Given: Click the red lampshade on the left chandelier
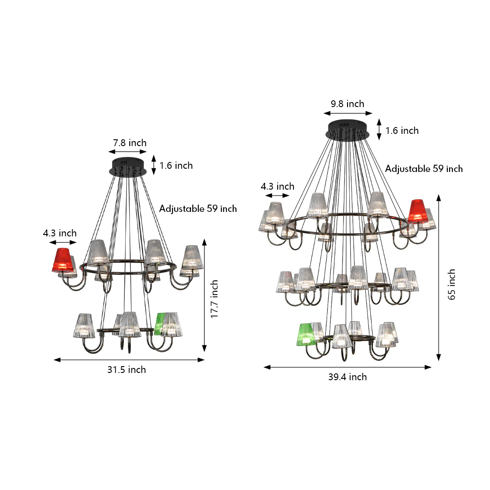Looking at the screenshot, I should pos(63,260).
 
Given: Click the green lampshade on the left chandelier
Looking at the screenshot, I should pos(160,323).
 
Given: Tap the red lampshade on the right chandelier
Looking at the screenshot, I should pos(417,211).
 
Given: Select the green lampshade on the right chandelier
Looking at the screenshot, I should pos(305,335).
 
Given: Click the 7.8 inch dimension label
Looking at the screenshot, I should pos(130,143).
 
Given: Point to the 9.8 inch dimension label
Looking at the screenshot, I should pos(347,104).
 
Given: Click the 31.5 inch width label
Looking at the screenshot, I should pos(127,370).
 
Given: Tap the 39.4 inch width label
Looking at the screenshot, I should pos(348,377).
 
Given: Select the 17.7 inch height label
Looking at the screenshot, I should pos(214,299).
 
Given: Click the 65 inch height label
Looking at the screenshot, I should pos(451,284).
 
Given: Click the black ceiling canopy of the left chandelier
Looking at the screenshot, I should pos(128,166).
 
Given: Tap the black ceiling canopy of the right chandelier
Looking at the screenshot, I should pos(348,130).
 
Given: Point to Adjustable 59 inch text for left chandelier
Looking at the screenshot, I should pos(198,209).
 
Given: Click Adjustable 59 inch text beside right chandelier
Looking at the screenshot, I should pos(424,169).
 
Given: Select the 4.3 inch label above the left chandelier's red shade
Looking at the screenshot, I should pos(60,233).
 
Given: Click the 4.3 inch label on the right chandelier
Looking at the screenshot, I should pos(277,186).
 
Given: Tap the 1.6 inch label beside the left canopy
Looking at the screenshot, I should pos(176,166).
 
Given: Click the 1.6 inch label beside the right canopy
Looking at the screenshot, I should pos(402,131).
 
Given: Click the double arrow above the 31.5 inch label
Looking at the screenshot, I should pos(129,360).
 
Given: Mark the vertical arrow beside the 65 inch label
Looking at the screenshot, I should pos(439,278).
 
